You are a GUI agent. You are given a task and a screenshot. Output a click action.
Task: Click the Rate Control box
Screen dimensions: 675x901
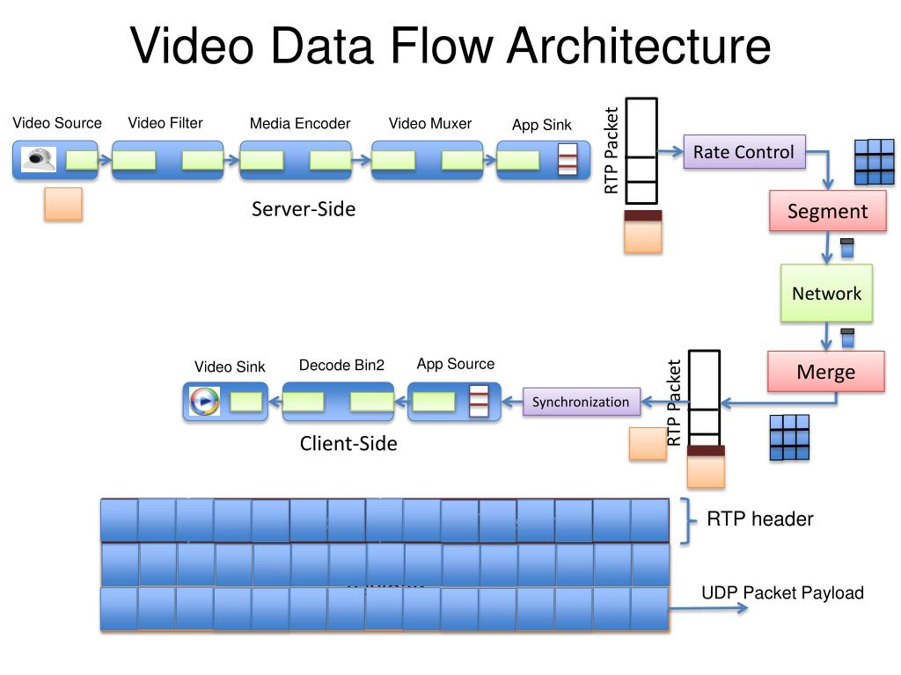(744, 152)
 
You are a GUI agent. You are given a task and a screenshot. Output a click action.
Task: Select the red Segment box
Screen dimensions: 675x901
(827, 211)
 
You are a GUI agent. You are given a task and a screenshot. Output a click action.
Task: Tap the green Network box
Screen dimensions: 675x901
(826, 294)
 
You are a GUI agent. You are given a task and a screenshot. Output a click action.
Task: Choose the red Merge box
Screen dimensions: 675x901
(825, 372)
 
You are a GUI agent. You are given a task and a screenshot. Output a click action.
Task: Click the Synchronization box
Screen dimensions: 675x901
(581, 402)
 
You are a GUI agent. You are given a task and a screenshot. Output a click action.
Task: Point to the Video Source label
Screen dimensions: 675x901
(57, 123)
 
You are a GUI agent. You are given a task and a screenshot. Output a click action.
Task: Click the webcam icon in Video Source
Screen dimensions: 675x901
(39, 159)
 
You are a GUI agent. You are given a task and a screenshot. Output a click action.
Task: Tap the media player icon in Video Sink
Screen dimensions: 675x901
(204, 401)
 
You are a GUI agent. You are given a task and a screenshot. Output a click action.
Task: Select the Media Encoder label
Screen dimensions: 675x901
(300, 124)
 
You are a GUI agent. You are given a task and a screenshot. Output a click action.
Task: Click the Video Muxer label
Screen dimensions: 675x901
(430, 124)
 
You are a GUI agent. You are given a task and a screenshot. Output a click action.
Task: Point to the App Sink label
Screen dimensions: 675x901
(542, 125)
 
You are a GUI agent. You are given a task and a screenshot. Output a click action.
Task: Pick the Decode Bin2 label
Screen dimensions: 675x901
(341, 366)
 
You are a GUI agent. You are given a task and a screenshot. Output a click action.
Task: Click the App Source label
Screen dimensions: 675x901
(456, 364)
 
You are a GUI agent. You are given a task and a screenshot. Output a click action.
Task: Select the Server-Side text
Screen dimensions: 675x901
(304, 209)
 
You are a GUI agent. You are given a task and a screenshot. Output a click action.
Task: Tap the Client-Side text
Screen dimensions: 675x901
(348, 444)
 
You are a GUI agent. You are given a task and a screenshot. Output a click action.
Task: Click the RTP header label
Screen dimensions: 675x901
(760, 519)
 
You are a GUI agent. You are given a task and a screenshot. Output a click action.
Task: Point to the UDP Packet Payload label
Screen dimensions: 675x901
(782, 593)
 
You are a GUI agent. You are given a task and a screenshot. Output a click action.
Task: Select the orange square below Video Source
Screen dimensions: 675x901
(63, 203)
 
